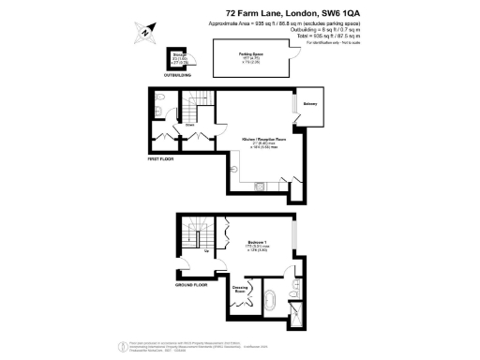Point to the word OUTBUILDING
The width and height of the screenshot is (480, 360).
[177, 75]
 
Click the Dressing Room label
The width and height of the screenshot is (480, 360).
[240, 290]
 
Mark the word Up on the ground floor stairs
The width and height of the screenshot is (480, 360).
[205, 251]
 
